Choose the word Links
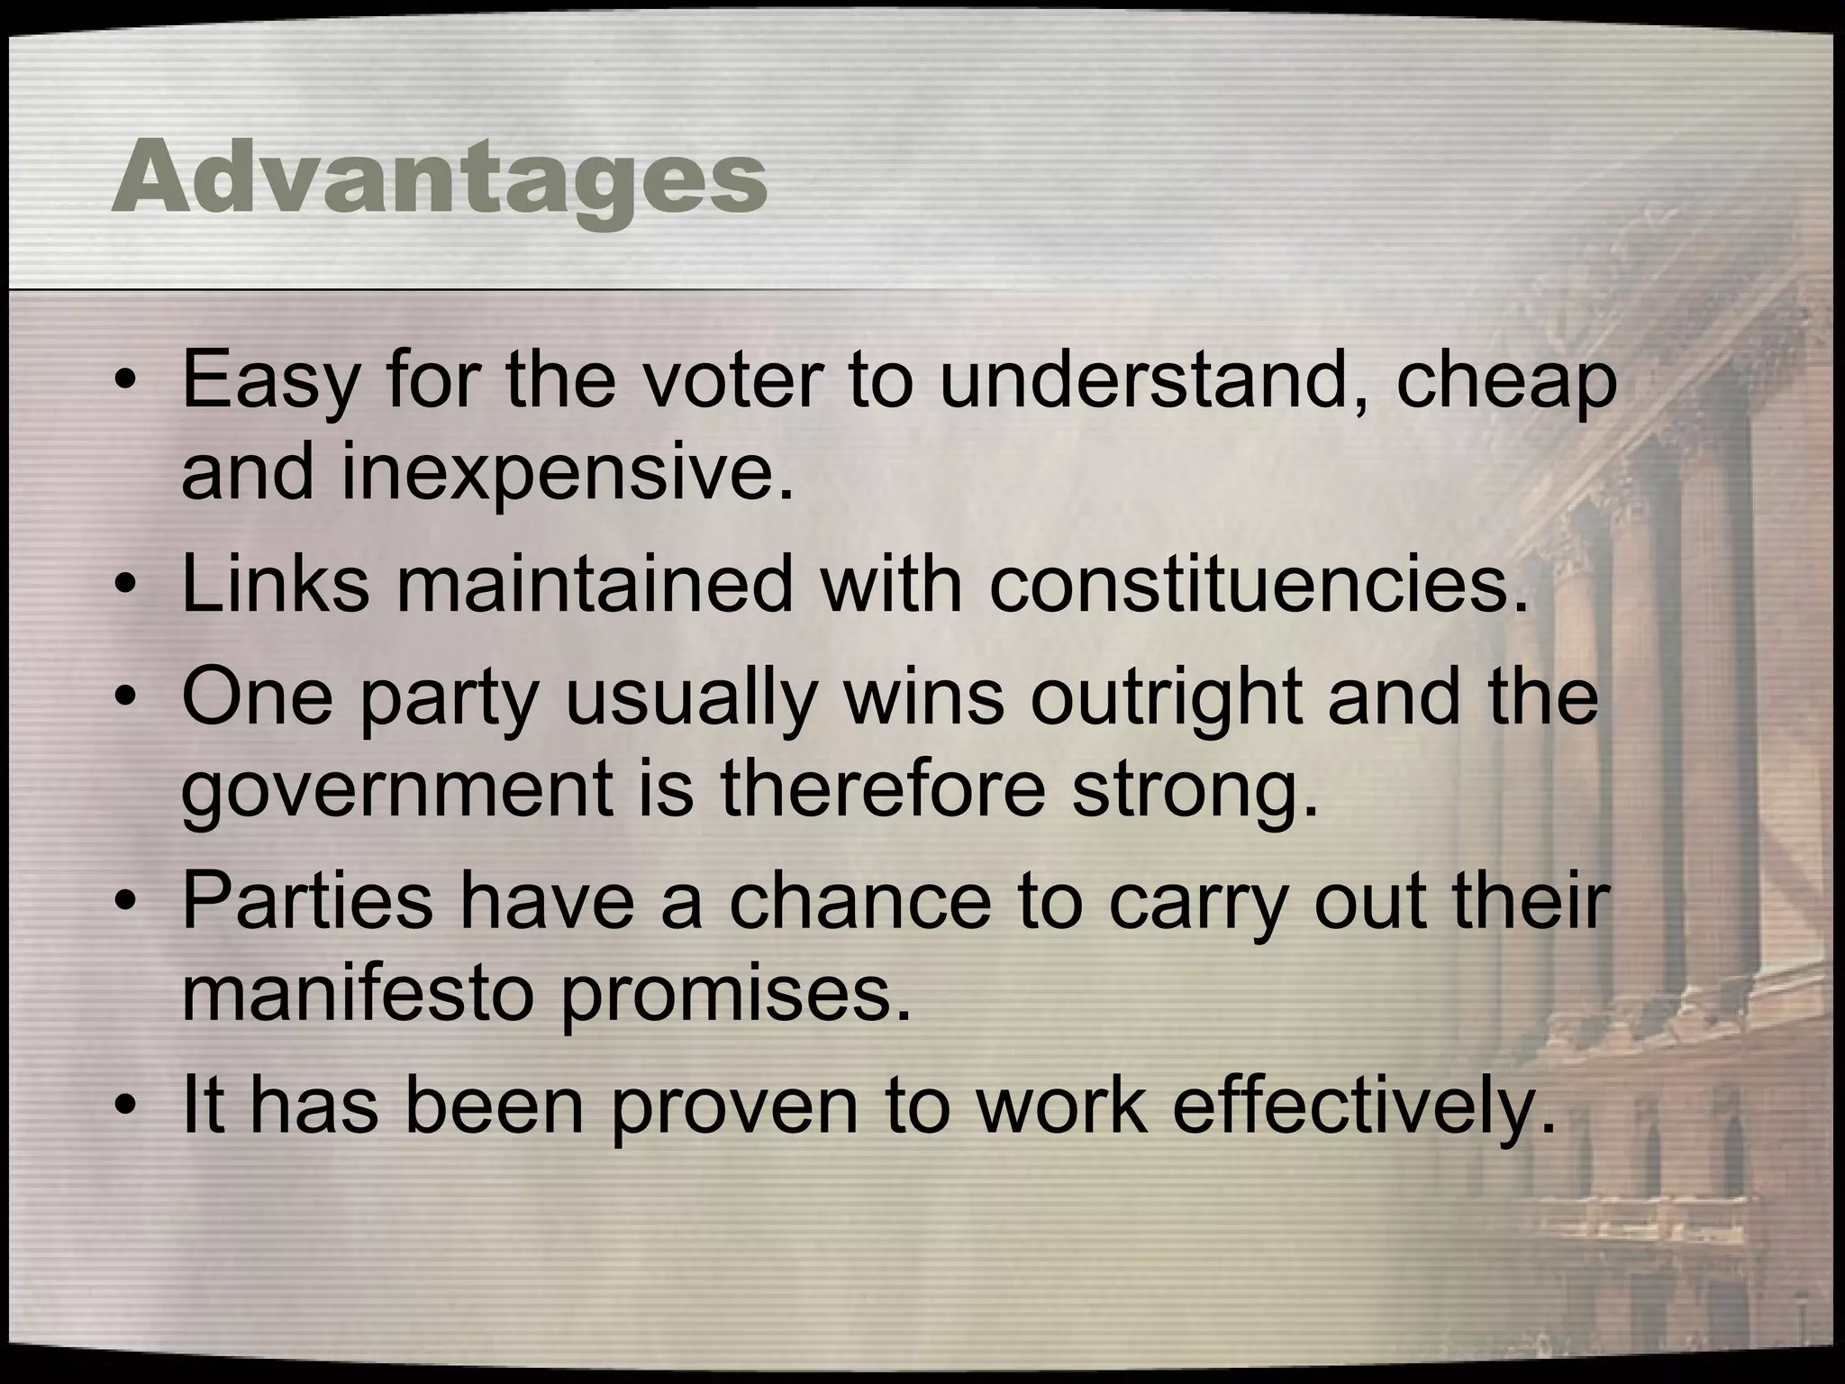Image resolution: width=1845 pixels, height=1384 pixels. [276, 584]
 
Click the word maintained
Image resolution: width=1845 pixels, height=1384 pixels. [595, 584]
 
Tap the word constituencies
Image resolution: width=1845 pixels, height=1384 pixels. [1259, 584]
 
